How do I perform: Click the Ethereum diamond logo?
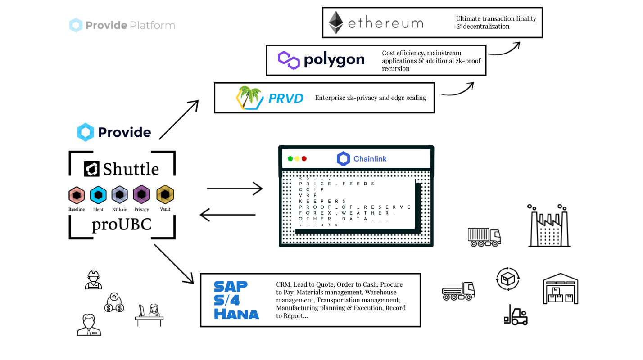coord(335,22)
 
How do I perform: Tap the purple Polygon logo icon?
coord(289,60)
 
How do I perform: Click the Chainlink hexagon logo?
coord(343,159)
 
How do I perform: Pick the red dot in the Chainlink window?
coord(304,159)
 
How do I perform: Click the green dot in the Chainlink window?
coord(290,159)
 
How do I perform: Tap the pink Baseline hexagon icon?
coord(77,195)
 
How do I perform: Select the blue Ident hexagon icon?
coord(98,195)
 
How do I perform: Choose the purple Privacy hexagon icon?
coord(141,195)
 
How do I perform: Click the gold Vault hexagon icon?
coord(165,195)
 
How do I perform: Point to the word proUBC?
coord(122,224)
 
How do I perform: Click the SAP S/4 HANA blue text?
coord(236,300)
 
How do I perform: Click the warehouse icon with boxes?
coord(561,289)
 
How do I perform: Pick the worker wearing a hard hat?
coord(93,279)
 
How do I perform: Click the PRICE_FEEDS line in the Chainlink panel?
coord(337,184)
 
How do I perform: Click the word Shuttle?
coord(131,169)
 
